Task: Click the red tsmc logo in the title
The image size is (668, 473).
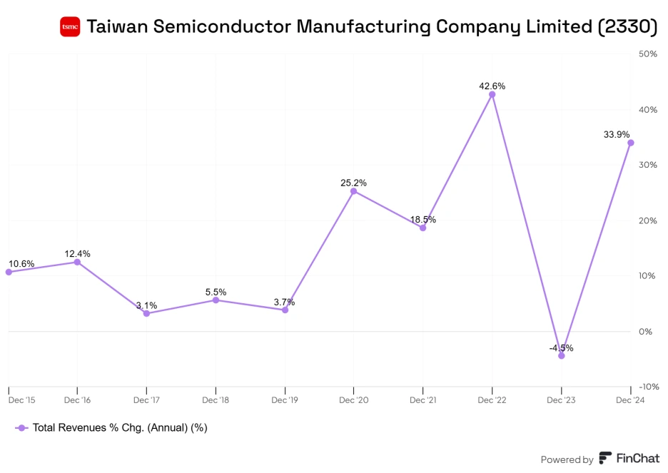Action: tap(70, 27)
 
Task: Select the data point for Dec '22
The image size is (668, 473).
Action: tap(492, 94)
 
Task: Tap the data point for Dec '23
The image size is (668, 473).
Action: tap(561, 355)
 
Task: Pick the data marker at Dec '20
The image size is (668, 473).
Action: tap(353, 191)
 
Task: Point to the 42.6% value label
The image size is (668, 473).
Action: tap(492, 86)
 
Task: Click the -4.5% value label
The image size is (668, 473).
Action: tap(561, 348)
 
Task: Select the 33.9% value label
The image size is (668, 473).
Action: tap(617, 134)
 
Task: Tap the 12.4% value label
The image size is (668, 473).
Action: tap(77, 253)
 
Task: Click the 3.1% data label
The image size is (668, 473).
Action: tap(146, 305)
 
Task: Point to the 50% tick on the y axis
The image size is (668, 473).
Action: tap(647, 54)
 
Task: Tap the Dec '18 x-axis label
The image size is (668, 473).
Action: tap(216, 400)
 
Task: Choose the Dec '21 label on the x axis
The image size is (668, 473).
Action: tap(422, 400)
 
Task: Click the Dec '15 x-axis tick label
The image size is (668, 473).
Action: tap(21, 400)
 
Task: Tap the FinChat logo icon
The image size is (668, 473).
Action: tap(605, 459)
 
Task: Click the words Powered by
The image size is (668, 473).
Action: tap(567, 459)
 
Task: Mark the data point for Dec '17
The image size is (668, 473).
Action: tap(146, 313)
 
